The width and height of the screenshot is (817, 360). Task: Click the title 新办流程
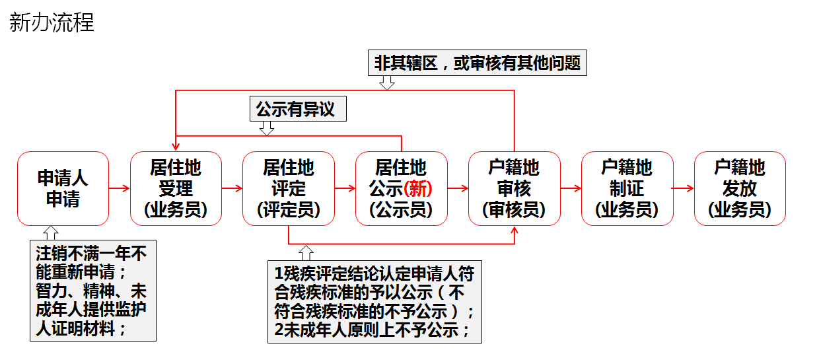click(x=52, y=23)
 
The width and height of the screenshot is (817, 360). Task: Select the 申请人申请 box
click(x=63, y=189)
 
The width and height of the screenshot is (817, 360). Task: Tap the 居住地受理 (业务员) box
click(x=176, y=189)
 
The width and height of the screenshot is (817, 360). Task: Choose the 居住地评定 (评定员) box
click(x=289, y=189)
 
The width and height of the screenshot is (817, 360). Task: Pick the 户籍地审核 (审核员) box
click(x=514, y=189)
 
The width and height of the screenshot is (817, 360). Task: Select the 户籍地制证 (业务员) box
click(x=627, y=189)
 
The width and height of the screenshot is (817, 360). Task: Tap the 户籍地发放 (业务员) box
click(x=740, y=189)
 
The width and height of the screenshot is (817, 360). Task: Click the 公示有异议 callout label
click(x=298, y=109)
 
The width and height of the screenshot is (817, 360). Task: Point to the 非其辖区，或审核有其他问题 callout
click(x=477, y=63)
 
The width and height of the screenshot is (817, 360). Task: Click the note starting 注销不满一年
click(x=93, y=290)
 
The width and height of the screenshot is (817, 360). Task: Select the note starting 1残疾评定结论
click(x=374, y=302)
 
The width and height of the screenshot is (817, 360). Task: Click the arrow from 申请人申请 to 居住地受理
click(x=120, y=189)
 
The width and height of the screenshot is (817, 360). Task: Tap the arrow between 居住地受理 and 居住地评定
click(x=232, y=189)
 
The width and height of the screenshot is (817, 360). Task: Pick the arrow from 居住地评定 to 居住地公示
click(x=345, y=189)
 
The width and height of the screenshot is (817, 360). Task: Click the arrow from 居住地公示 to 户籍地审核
click(x=458, y=189)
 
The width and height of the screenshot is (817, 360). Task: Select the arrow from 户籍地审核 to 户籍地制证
click(x=571, y=189)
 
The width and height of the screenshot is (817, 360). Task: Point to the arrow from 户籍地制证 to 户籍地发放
click(x=684, y=189)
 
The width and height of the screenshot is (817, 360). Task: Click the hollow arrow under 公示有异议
click(x=267, y=128)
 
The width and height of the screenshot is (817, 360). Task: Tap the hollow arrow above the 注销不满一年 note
click(x=51, y=233)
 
